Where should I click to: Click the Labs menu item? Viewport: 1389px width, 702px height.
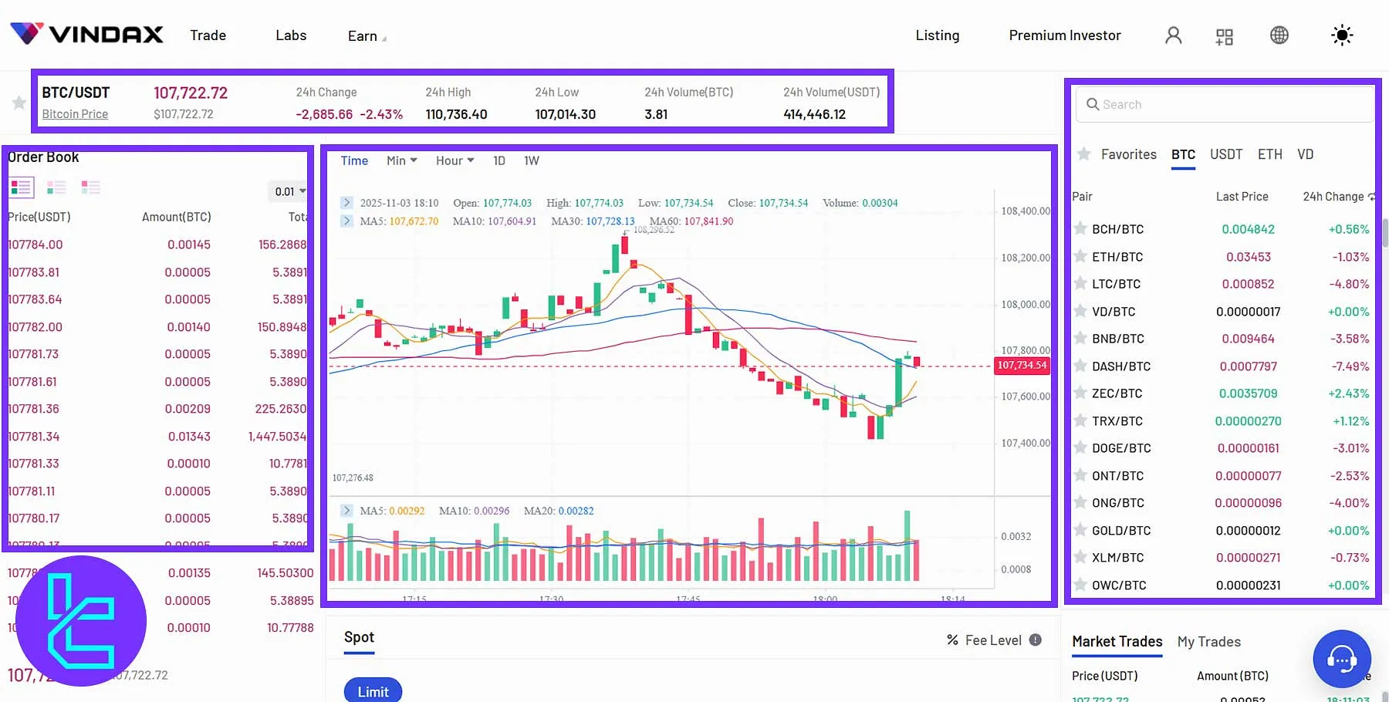point(291,35)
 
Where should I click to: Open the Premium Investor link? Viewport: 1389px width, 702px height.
point(1064,35)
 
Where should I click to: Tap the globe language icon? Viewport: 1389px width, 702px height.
point(1279,35)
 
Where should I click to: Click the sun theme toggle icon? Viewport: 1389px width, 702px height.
point(1342,35)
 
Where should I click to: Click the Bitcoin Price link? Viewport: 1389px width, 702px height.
point(75,114)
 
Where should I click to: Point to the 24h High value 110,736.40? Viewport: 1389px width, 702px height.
point(456,114)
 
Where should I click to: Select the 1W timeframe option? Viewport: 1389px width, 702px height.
point(531,160)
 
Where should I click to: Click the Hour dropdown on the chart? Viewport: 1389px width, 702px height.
point(455,160)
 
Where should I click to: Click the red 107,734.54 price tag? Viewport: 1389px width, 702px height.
point(1022,365)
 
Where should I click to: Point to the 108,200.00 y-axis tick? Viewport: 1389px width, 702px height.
point(1025,258)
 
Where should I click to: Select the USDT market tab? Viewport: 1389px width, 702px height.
point(1225,154)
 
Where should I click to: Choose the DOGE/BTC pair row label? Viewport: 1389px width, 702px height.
point(1120,448)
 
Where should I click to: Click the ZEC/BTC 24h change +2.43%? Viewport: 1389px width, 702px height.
point(1348,393)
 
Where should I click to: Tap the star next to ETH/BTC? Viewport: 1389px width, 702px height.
point(1080,257)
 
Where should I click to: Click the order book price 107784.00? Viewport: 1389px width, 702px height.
point(35,245)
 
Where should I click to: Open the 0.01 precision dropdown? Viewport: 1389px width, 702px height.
point(290,191)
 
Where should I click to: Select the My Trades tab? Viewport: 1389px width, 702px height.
point(1208,642)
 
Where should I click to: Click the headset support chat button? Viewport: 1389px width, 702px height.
point(1341,659)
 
